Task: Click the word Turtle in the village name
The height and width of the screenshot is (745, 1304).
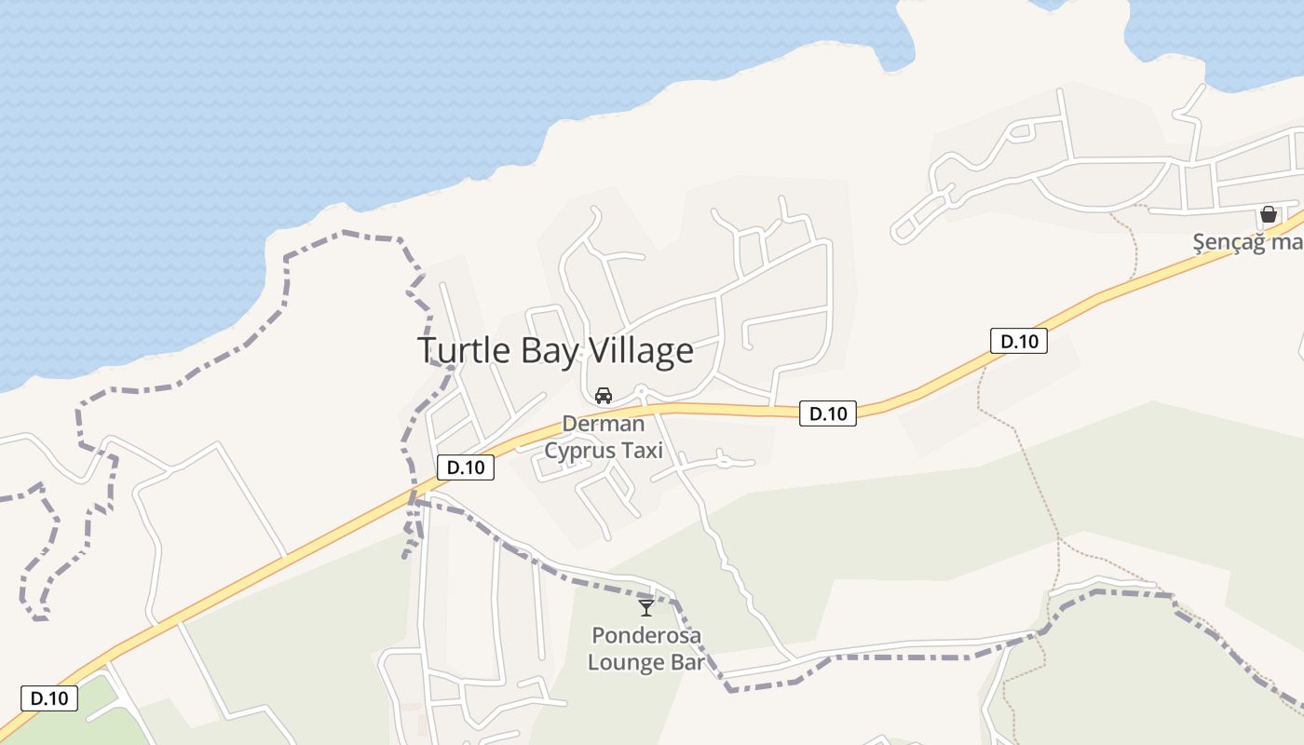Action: tap(458, 351)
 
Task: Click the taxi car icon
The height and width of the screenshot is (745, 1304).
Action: tap(604, 395)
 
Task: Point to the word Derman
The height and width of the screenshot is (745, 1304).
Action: tap(603, 425)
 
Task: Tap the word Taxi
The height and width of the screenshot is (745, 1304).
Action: tap(644, 451)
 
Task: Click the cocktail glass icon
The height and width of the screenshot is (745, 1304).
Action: tap(645, 608)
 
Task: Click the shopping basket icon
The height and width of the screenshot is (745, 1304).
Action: tap(1268, 214)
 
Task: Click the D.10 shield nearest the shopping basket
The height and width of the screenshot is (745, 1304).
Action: tap(1019, 341)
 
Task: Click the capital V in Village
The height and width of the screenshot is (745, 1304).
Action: tap(590, 351)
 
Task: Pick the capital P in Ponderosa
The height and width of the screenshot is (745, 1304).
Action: tap(597, 636)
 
